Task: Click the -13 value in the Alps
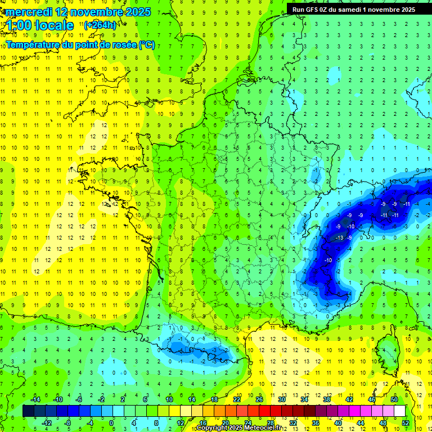point(339,238)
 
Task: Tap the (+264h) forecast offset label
point(100,25)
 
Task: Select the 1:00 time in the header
point(18,25)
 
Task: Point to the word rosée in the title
point(120,44)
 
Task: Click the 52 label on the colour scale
point(406,422)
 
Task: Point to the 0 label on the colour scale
point(111,422)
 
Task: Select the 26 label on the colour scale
point(259,399)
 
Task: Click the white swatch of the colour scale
point(400,411)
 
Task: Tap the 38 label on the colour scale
point(326,399)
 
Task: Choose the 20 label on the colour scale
point(225,422)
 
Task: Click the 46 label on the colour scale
point(372,399)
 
